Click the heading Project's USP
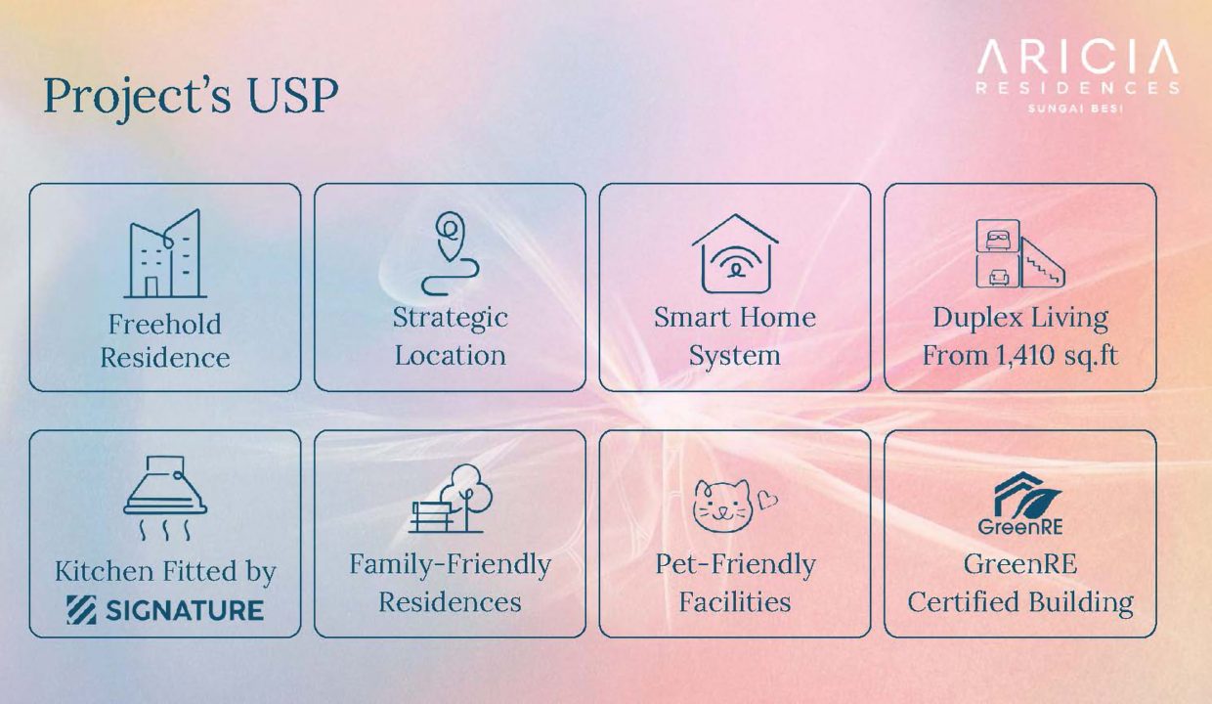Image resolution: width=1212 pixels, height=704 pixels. [x=191, y=98]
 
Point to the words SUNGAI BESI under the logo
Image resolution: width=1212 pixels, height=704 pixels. [x=1076, y=109]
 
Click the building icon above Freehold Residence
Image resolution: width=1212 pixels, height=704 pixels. [x=165, y=253]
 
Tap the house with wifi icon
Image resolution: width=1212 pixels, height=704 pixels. [x=735, y=253]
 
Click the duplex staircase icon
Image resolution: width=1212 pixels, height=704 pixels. [x=1020, y=253]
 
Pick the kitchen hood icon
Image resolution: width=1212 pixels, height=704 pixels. [x=165, y=498]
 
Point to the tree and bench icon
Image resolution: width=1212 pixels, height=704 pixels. [x=451, y=499]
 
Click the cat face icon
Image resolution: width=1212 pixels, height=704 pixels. [x=723, y=506]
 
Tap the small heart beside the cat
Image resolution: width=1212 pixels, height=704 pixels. [x=767, y=500]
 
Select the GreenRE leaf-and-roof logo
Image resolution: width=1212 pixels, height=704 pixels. [x=1020, y=503]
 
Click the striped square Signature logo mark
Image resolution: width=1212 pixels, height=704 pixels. [x=81, y=610]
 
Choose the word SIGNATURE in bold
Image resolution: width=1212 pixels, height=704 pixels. [x=185, y=610]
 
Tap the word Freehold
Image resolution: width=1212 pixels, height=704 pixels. [x=165, y=324]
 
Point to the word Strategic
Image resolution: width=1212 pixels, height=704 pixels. [x=451, y=318]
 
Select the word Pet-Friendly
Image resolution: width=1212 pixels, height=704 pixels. [x=735, y=564]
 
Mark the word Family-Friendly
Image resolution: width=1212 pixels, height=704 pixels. [x=451, y=565]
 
